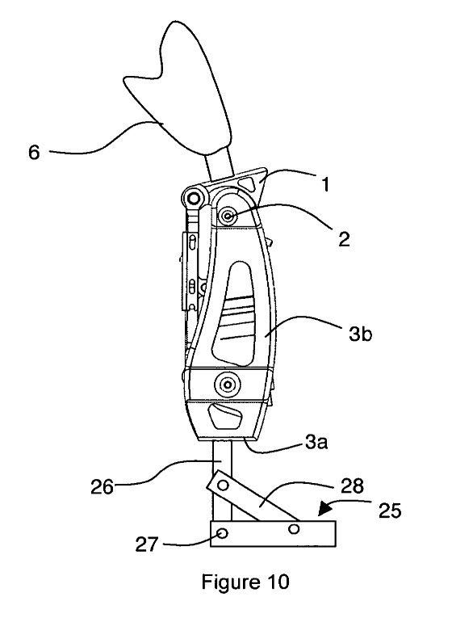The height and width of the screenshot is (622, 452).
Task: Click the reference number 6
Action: click(34, 153)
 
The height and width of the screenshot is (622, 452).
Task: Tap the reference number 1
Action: click(324, 185)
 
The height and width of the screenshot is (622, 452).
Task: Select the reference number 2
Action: click(344, 240)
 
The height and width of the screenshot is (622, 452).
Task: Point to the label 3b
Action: click(360, 334)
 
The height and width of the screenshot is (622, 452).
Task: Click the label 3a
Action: click(316, 442)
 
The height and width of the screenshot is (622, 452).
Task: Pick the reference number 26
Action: click(103, 486)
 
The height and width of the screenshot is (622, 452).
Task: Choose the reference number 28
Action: click(352, 485)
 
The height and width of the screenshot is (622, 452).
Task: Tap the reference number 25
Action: click(389, 511)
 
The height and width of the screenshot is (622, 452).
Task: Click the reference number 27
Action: click(147, 544)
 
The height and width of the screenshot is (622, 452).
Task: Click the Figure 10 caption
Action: click(245, 582)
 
